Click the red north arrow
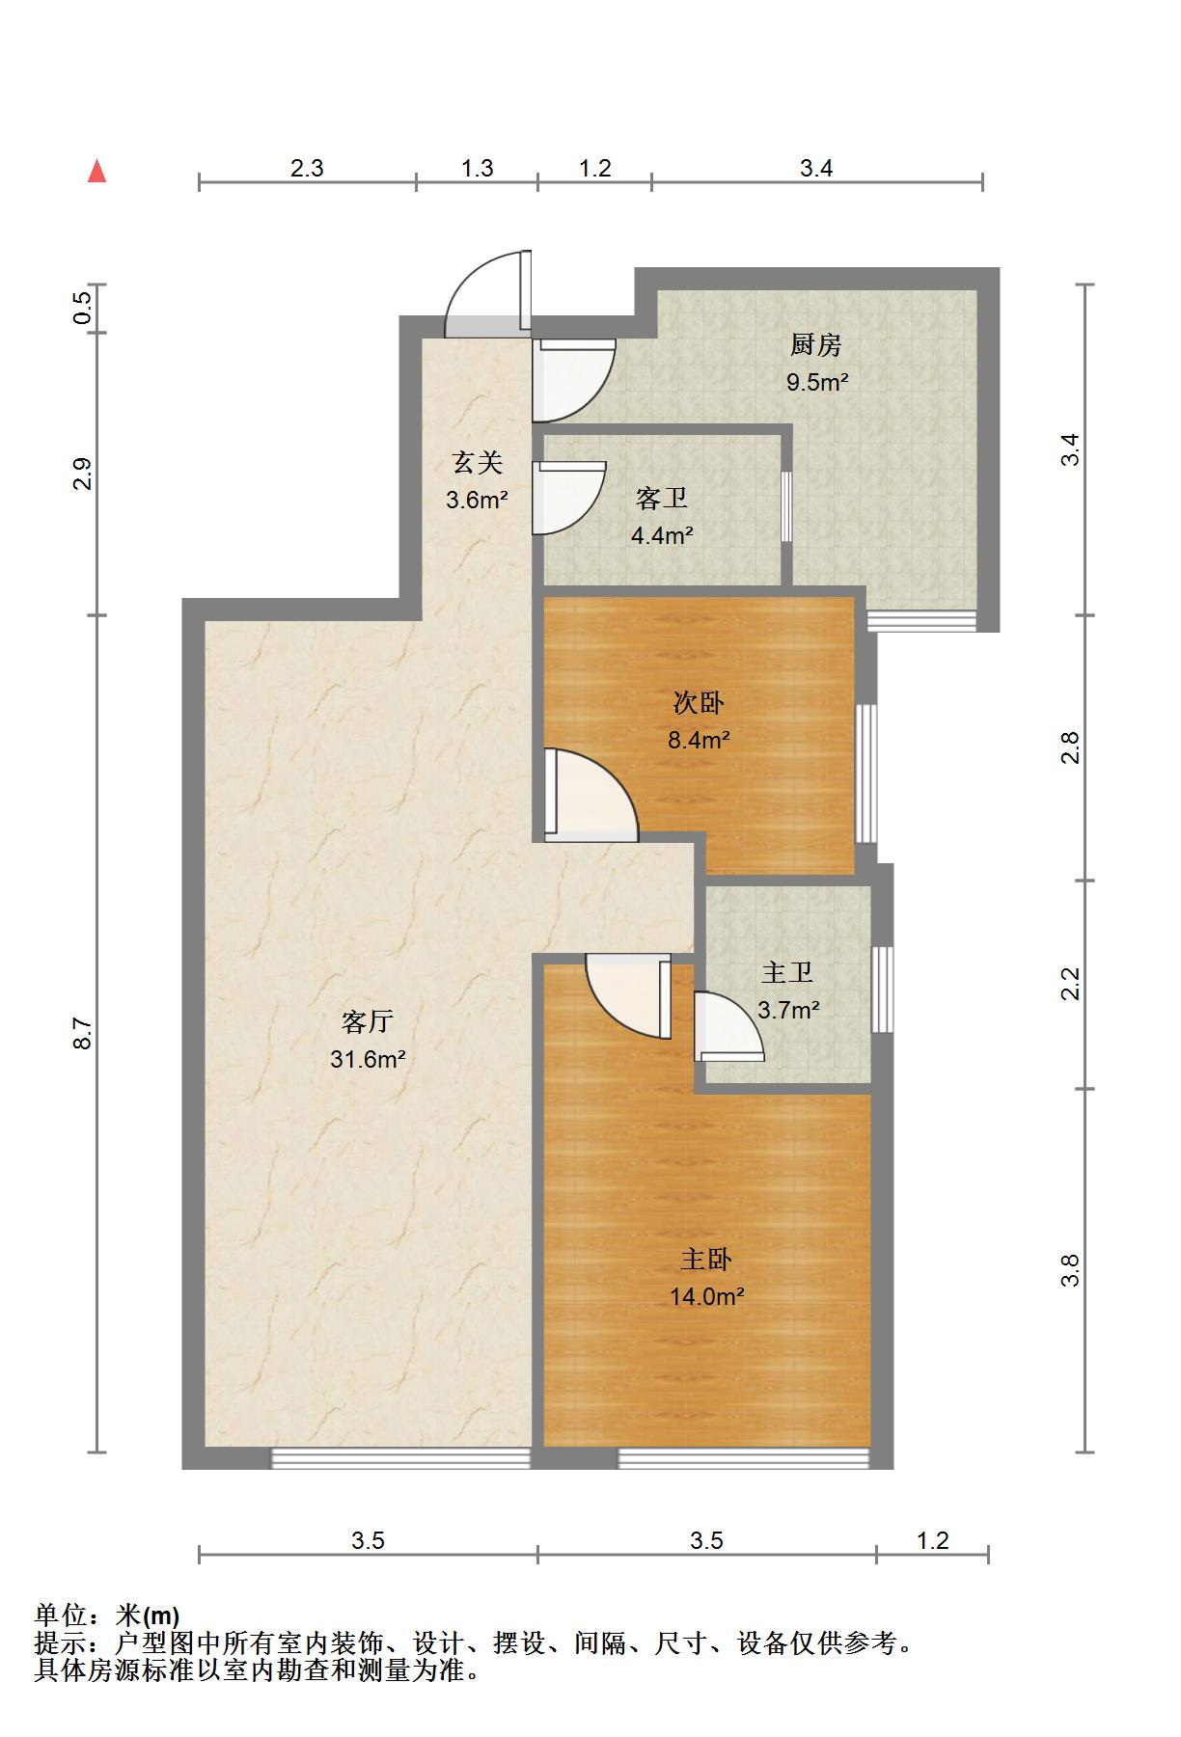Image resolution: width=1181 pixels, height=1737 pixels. point(96,172)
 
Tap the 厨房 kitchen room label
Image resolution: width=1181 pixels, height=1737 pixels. point(816,344)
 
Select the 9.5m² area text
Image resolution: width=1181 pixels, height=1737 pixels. point(816,382)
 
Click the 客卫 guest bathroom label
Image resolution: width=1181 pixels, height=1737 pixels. point(662,499)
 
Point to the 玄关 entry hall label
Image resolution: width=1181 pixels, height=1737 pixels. point(478,464)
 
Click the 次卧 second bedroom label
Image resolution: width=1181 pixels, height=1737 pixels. point(699,703)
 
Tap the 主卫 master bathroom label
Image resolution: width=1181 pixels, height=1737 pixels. point(787,973)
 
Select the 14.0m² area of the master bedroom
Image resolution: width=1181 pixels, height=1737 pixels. point(706,1297)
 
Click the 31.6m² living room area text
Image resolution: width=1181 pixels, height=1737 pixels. point(367,1060)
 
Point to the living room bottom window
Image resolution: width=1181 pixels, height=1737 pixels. point(400,1458)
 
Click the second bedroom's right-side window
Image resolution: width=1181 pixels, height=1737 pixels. point(866,773)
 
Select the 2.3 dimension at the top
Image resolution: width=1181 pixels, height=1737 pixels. point(307,169)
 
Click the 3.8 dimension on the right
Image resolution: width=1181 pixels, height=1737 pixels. point(1069,1270)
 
